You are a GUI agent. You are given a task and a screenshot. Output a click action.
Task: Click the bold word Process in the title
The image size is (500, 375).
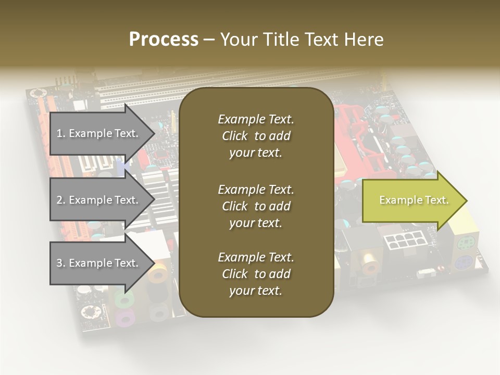(164, 40)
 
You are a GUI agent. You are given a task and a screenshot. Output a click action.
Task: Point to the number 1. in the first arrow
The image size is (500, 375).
(61, 133)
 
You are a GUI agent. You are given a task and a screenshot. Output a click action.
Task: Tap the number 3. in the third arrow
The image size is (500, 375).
(61, 263)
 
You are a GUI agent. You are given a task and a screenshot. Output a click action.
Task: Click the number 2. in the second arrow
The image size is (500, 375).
(61, 200)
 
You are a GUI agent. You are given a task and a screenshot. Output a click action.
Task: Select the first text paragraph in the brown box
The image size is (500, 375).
(256, 136)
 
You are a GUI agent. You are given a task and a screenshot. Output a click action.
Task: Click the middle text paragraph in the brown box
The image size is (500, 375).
(256, 206)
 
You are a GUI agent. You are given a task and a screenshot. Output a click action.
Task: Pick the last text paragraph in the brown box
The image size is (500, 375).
(256, 274)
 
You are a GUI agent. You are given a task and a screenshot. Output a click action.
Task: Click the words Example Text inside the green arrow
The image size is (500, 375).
(414, 200)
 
